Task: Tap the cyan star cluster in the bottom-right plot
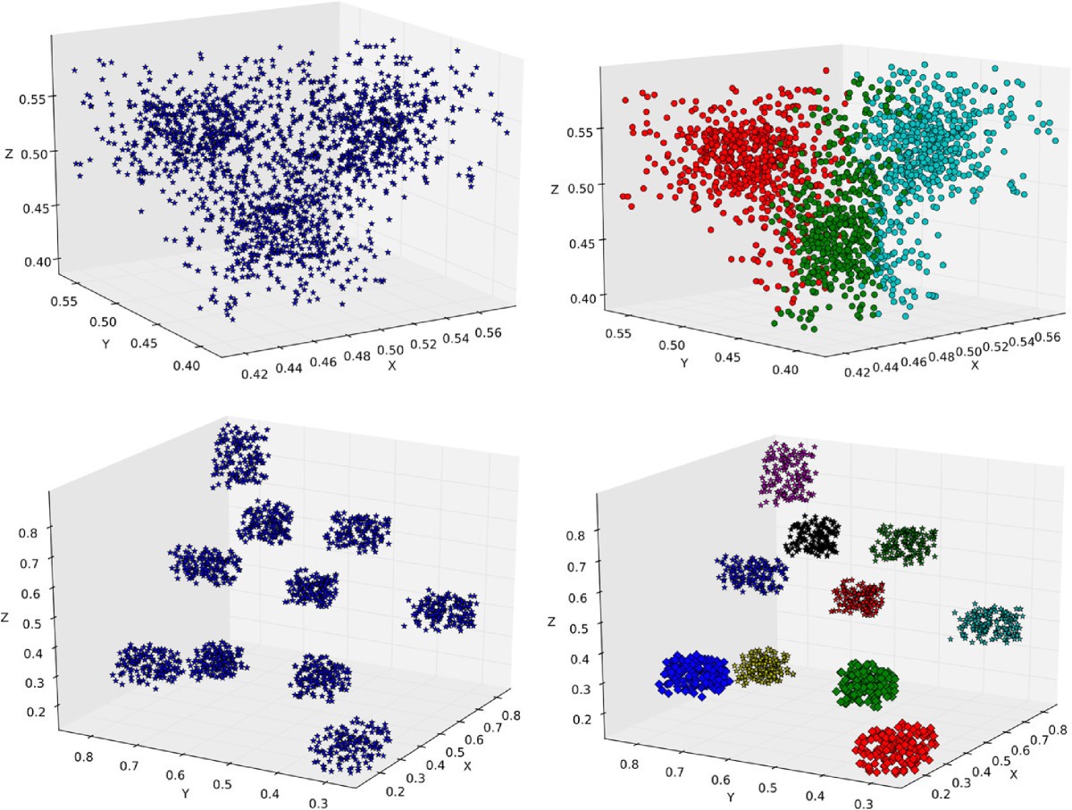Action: coord(988,624)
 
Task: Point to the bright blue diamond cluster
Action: coord(696,673)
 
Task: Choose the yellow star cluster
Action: coord(764,666)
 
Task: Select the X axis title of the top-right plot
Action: coord(975,365)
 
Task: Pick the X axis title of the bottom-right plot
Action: coord(1013,773)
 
